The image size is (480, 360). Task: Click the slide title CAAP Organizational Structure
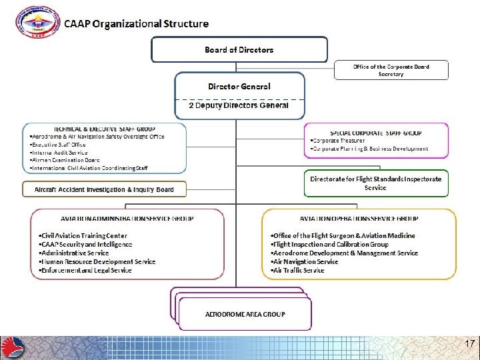136,24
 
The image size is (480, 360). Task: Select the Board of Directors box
239,49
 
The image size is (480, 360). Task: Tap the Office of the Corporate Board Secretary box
391,70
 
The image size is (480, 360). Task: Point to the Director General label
239,86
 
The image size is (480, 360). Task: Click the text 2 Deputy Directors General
239,105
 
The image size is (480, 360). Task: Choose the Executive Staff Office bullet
59,145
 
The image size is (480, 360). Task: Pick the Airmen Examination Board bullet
65,160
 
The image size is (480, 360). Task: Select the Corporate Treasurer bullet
338,141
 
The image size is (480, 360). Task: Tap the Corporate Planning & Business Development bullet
369,149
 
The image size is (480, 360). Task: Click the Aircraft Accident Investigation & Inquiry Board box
104,190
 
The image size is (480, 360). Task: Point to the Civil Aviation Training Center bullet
83,236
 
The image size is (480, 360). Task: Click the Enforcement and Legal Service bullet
86,270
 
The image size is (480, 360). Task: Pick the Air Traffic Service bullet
297,270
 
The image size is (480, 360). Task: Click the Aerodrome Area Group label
245,313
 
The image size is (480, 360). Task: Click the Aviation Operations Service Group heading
360,218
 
